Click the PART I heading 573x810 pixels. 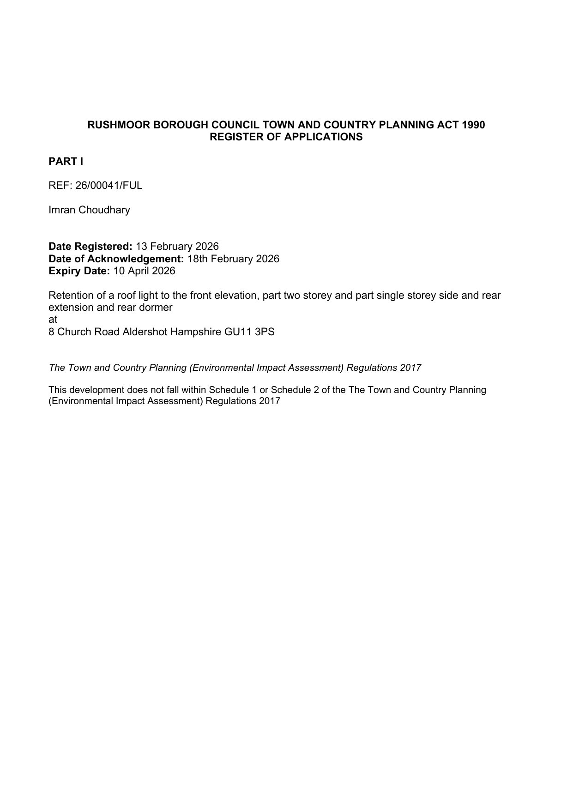66,162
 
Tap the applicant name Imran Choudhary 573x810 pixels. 89,210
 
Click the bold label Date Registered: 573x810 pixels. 90,247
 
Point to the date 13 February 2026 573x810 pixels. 177,247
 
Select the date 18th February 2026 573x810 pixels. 233,259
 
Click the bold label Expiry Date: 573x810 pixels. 79,271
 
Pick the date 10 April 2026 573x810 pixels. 144,271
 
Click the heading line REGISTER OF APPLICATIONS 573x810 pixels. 286,137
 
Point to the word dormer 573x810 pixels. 157,308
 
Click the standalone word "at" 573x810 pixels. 53,320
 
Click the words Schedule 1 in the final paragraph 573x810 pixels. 233,390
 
